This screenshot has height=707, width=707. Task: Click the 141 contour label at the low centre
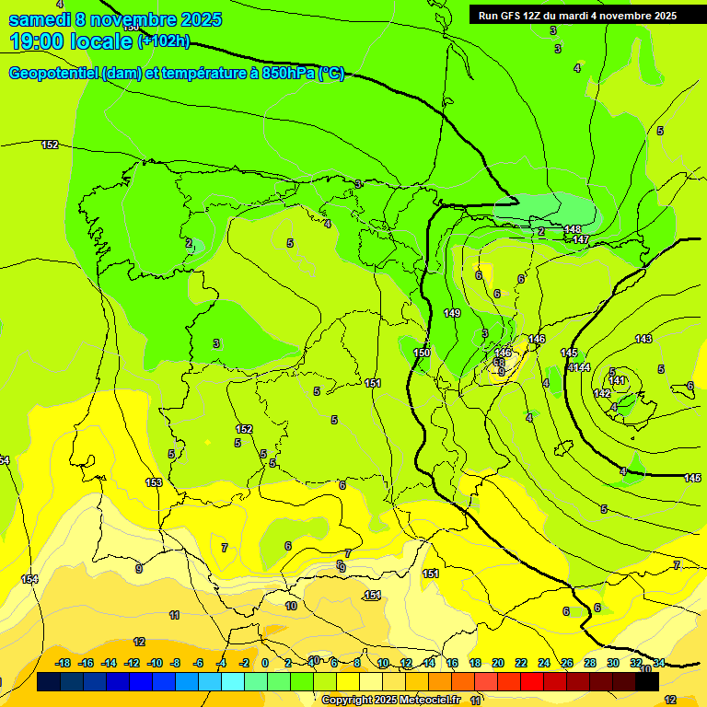point(618,380)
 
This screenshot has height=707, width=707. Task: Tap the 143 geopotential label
point(643,340)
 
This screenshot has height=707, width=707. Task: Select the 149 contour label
point(452,314)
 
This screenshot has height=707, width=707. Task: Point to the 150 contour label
point(422,353)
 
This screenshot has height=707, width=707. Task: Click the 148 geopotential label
point(573,229)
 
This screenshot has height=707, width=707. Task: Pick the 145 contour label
point(569,353)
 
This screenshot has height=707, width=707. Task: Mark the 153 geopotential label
point(154,482)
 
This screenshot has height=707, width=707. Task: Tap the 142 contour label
point(602,393)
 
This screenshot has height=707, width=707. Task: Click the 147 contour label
point(580,239)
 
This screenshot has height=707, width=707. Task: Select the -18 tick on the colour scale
point(63,663)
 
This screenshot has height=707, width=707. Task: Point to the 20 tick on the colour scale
point(498,663)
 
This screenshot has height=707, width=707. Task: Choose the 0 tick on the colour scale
point(264,663)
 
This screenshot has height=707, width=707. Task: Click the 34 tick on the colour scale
point(659,663)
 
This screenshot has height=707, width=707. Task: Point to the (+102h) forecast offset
point(164,41)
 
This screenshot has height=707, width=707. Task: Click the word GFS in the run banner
point(511,16)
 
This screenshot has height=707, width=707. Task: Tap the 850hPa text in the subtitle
point(283,74)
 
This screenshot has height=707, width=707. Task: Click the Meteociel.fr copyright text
point(429,701)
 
